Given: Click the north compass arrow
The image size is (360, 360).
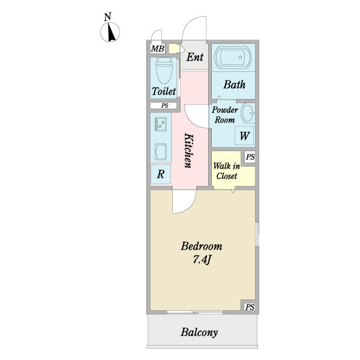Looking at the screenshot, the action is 112,33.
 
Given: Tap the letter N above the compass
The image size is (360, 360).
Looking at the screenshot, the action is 107,17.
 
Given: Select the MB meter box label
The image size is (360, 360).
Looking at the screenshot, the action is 158,49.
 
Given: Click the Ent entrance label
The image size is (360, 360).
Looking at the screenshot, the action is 194,57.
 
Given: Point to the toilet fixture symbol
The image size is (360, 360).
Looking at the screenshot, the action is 164,70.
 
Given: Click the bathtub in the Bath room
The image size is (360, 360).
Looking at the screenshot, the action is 233,57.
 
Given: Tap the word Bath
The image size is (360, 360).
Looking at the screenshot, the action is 235,85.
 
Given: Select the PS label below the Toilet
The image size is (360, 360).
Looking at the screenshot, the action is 164,106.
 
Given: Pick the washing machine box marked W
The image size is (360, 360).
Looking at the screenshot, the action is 244,136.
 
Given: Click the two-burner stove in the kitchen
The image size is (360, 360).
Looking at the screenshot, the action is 160,124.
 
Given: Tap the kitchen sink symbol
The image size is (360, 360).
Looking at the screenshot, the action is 160,152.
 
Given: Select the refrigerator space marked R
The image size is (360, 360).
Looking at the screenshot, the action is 160,174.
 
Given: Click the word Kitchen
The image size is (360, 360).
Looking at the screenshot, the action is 190,151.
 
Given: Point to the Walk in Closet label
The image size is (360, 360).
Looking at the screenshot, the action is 227,171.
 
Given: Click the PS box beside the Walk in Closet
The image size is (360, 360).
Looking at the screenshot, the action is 250,157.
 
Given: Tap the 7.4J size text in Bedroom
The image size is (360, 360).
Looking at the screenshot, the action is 202,260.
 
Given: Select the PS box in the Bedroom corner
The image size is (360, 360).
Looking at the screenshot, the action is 250,307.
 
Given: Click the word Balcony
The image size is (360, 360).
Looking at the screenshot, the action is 199,332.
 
